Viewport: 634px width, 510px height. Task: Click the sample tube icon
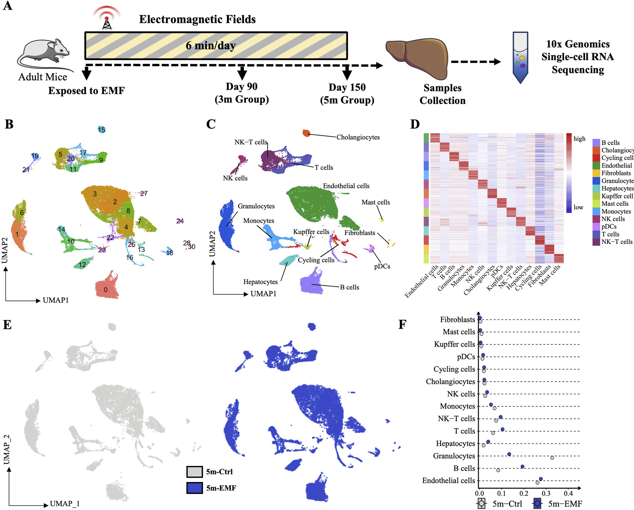[x=520, y=57]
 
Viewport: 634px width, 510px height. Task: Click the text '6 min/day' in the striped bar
[x=210, y=45]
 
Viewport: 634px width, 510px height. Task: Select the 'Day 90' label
[x=242, y=87]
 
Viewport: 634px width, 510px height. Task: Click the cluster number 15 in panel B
[x=102, y=130]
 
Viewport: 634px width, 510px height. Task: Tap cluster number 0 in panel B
[x=106, y=290]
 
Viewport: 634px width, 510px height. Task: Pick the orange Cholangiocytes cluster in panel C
[x=306, y=133]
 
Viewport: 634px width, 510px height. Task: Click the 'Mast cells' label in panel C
[x=375, y=202]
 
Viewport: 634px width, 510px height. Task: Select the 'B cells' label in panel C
[x=349, y=287]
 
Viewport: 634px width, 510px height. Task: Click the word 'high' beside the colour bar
[x=579, y=139]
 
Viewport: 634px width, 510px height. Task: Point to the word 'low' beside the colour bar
[x=578, y=207]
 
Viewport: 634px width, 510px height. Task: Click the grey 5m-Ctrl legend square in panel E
[x=195, y=472]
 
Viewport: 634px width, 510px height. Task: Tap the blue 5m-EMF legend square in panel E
[x=195, y=488]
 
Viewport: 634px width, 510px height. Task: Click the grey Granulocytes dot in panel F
[x=552, y=458]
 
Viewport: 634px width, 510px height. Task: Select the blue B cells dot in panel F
[x=522, y=466]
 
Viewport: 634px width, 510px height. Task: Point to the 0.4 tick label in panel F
[x=568, y=494]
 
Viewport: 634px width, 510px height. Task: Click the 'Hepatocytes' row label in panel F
[x=455, y=443]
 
